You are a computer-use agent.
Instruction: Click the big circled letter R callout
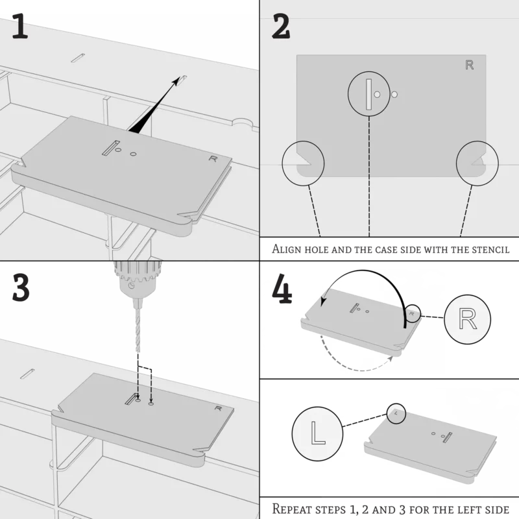(468, 319)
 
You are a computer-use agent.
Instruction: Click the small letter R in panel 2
(469, 65)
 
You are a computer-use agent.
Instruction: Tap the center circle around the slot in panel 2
(369, 93)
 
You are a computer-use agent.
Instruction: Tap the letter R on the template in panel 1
(213, 158)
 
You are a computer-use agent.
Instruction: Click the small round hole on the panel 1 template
(133, 154)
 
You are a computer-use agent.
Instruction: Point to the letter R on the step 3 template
(216, 408)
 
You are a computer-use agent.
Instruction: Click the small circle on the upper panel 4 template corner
(412, 314)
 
